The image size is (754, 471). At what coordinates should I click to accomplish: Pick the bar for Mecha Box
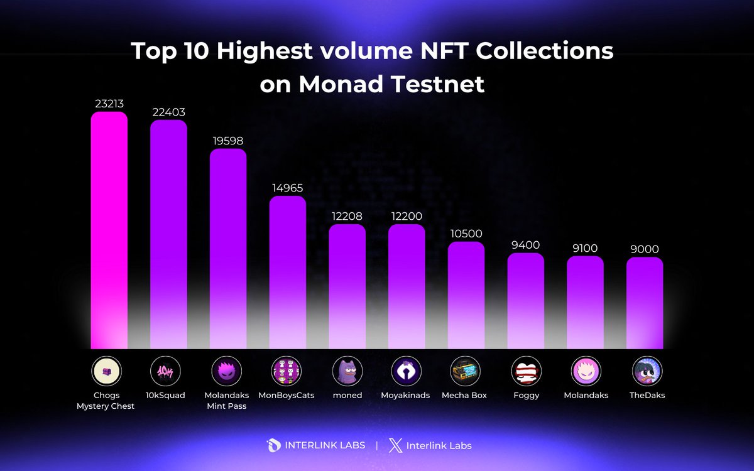466,295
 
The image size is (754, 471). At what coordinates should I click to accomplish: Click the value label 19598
227,141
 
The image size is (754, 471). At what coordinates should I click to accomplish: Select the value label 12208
347,216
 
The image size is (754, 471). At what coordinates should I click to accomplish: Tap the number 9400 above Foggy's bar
525,245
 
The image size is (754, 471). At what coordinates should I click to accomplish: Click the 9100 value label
585,248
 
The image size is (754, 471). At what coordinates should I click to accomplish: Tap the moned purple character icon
347,371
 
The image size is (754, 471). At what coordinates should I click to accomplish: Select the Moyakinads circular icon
407,371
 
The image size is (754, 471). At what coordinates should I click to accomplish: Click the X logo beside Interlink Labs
394,445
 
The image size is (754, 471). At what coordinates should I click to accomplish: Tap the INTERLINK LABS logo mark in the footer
274,445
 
